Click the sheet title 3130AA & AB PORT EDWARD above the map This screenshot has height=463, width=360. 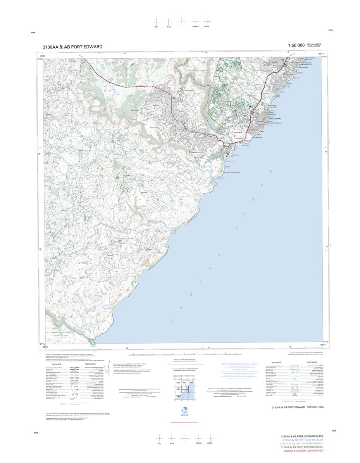[x=73, y=47]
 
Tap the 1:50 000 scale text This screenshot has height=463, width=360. [x=294, y=46]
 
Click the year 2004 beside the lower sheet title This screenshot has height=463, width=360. [x=320, y=407]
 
